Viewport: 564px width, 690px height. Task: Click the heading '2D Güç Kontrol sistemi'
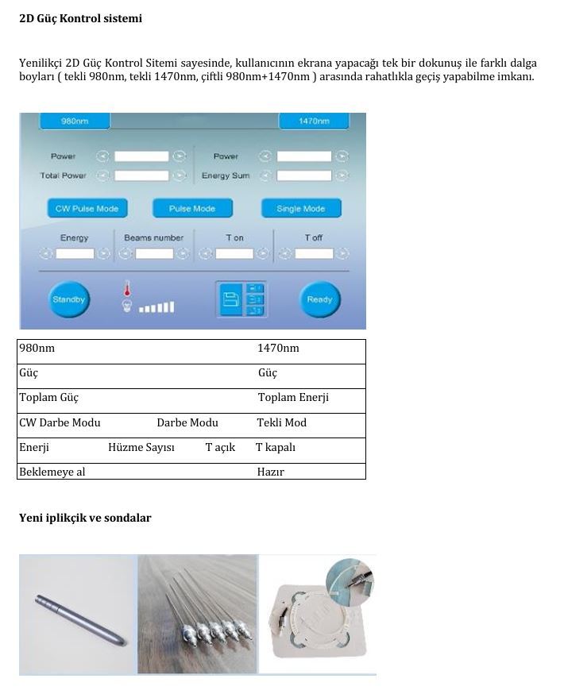click(x=80, y=18)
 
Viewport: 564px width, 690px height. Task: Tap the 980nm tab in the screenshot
click(x=75, y=121)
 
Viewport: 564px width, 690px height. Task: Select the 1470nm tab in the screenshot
click(x=314, y=121)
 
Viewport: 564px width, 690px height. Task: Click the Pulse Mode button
click(x=192, y=209)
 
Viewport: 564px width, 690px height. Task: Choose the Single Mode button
click(x=300, y=209)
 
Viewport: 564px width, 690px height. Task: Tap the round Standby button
click(x=68, y=299)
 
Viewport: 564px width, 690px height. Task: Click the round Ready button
click(x=319, y=299)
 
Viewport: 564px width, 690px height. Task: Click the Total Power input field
click(x=141, y=175)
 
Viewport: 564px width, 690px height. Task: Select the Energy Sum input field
click(x=303, y=175)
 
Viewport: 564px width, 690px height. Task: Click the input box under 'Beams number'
click(x=154, y=254)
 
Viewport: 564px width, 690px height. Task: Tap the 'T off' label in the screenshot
click(x=313, y=237)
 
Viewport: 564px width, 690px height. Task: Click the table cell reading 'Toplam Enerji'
click(x=293, y=398)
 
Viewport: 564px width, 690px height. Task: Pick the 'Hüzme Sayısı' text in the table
click(x=141, y=448)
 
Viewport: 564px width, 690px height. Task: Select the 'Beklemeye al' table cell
click(x=52, y=472)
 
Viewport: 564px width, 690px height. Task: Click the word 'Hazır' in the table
click(x=271, y=472)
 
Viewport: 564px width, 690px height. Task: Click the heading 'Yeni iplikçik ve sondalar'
click(x=85, y=518)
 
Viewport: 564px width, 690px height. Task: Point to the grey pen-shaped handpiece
click(x=80, y=619)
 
